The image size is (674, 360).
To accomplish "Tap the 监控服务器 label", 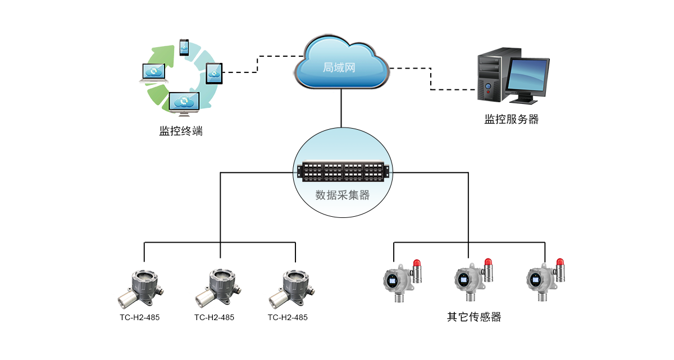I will (511, 119).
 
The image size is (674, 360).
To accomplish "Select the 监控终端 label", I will (181, 131).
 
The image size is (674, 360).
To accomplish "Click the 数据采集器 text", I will (343, 195).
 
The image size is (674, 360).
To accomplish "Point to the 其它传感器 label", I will (473, 317).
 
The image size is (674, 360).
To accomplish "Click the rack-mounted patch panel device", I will (343, 172).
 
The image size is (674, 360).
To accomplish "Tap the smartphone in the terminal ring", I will (184, 47).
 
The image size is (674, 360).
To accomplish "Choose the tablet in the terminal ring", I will (215, 73).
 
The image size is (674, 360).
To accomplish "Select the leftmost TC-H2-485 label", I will (139, 317).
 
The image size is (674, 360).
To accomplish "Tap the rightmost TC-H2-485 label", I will (288, 317).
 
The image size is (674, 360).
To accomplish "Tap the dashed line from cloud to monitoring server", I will (431, 79).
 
